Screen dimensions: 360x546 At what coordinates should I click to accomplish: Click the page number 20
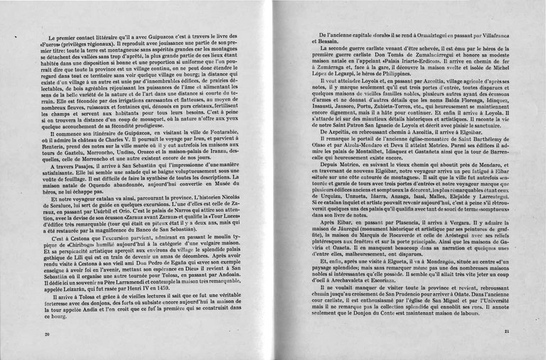point(47,334)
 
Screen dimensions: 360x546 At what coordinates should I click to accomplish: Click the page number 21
point(506,332)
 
